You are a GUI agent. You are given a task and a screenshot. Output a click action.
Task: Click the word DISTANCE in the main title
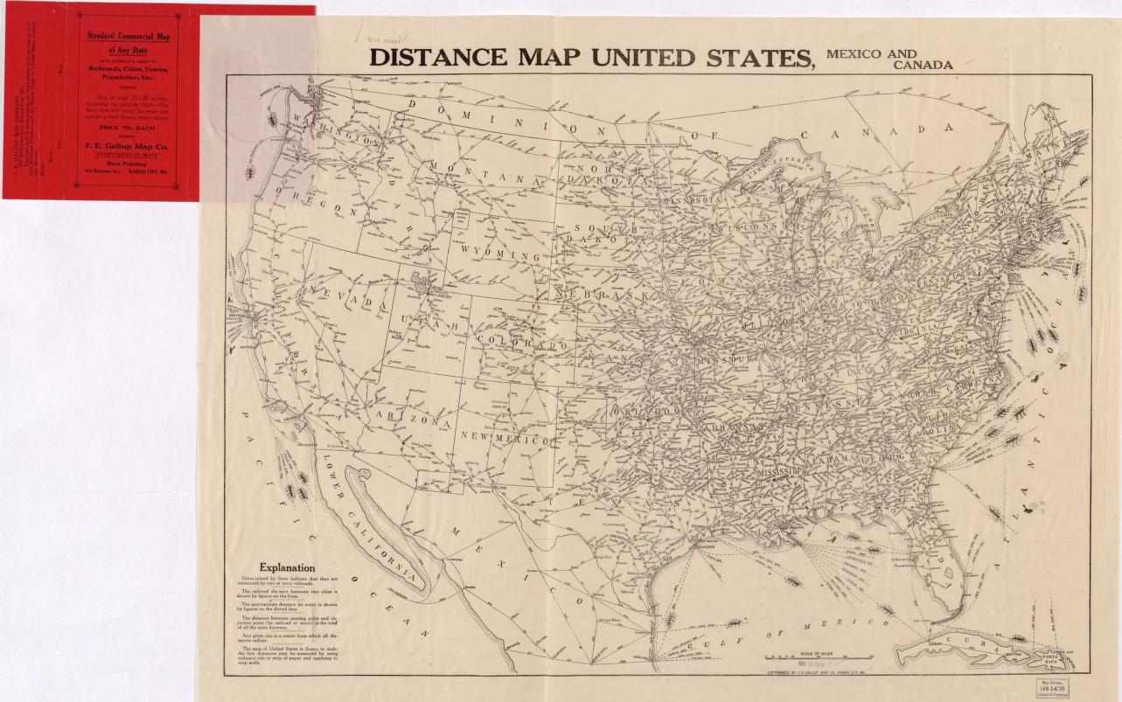click(438, 58)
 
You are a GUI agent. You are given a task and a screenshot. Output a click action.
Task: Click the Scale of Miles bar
click(810, 657)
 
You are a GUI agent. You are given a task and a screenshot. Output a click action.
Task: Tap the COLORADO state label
click(524, 342)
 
